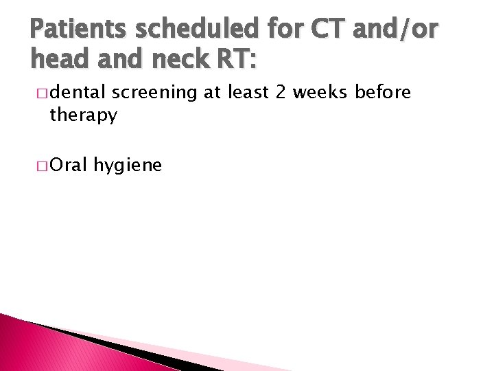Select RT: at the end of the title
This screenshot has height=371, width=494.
pos(235,60)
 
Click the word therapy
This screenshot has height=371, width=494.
pos(82,116)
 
